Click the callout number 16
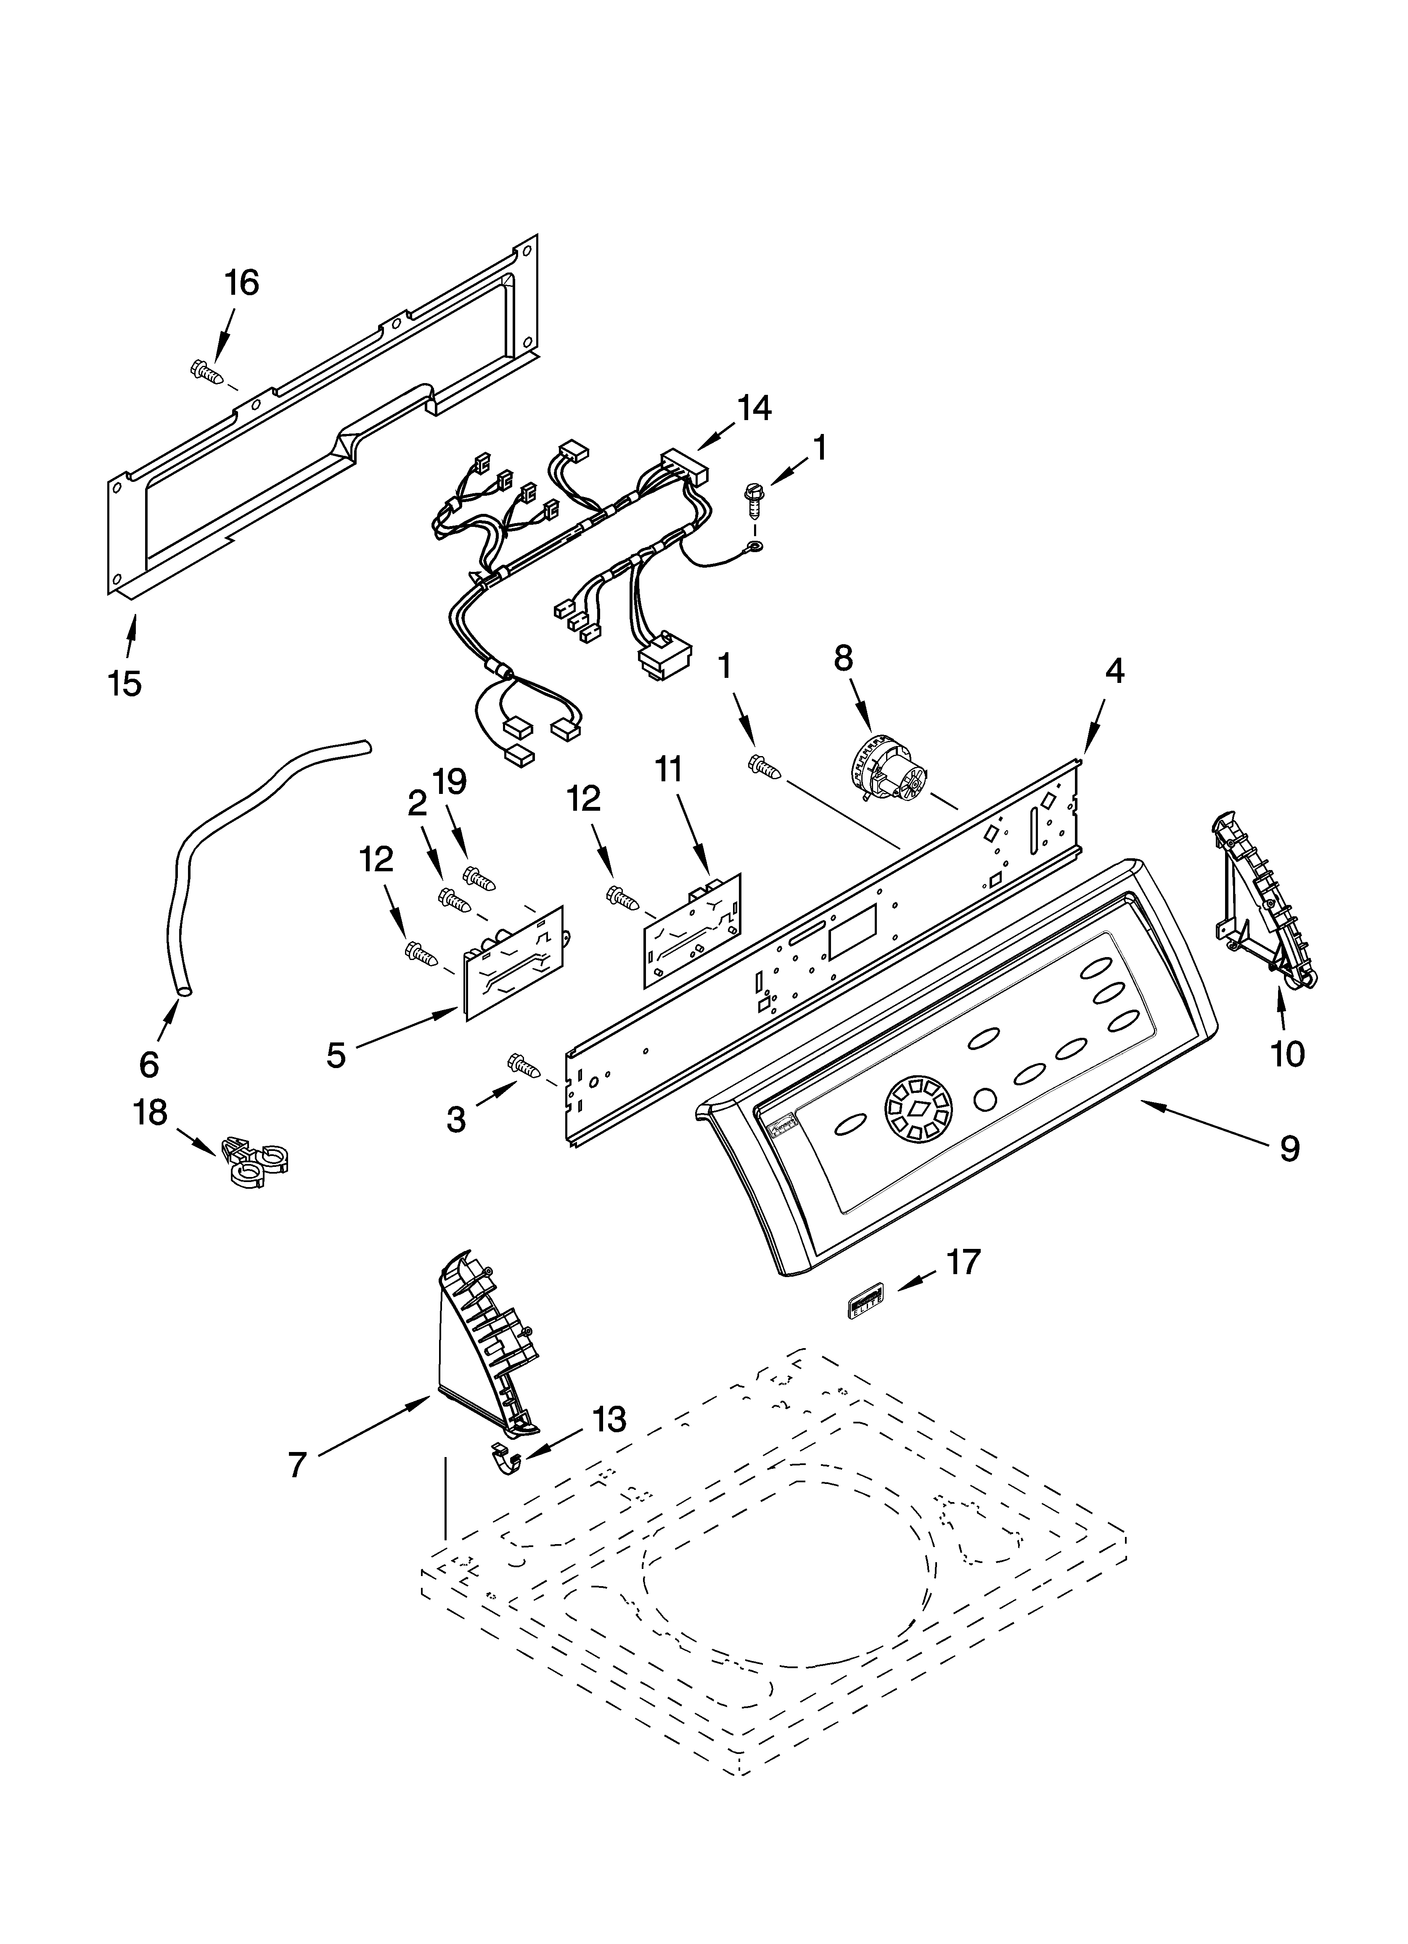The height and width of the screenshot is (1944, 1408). tap(242, 282)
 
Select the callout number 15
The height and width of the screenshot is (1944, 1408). tap(125, 683)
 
